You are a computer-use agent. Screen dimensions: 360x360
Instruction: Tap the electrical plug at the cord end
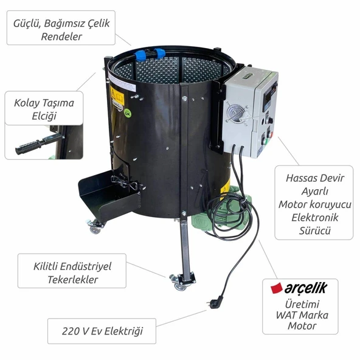pyautogui.click(x=213, y=300)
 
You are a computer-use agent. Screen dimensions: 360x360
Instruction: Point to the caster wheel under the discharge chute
pyautogui.click(x=95, y=228)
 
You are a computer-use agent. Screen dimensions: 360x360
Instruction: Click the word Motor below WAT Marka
pyautogui.click(x=303, y=326)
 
